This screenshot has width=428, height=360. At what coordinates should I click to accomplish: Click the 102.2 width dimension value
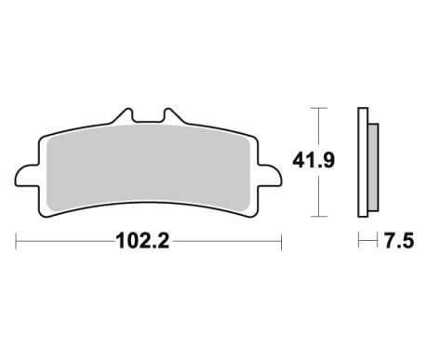click(142, 241)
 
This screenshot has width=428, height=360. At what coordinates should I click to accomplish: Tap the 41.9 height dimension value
click(314, 161)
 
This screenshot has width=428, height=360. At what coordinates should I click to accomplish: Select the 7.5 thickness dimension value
click(399, 241)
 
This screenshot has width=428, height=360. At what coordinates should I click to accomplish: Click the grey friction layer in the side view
click(373, 167)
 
